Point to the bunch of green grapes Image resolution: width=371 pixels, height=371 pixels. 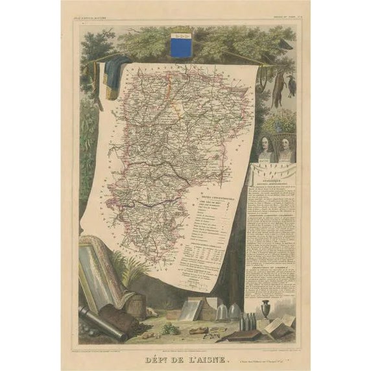(x=170, y=328)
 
